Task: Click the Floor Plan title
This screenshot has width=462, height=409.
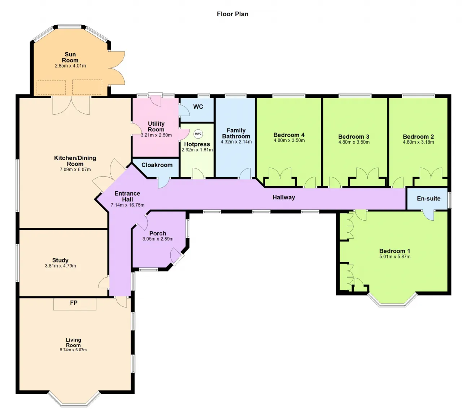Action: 232,14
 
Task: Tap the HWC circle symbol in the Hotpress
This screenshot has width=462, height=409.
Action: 198,134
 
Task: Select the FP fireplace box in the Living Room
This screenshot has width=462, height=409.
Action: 75,304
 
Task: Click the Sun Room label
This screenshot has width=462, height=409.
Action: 70,57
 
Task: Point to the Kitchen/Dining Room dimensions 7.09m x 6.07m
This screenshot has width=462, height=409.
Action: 75,170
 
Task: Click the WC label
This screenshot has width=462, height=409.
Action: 198,107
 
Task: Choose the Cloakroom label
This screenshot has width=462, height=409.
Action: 157,165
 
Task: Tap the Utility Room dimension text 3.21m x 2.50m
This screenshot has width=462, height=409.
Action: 156,135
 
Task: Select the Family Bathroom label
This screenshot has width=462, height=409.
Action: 236,133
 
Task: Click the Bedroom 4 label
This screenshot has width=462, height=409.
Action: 289,135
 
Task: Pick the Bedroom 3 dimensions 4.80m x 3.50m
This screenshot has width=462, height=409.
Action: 354,142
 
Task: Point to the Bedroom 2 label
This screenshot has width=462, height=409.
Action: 418,137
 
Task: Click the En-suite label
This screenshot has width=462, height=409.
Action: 429,199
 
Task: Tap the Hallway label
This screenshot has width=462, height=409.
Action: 284,197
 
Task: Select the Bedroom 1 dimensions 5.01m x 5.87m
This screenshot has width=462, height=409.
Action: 395,257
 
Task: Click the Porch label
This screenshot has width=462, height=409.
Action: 158,233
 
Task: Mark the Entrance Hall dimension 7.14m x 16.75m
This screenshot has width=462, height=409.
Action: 127,205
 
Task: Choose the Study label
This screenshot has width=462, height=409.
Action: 60,260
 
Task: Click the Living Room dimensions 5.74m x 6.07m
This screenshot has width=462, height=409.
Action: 73,350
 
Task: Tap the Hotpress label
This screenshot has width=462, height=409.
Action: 197,144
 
